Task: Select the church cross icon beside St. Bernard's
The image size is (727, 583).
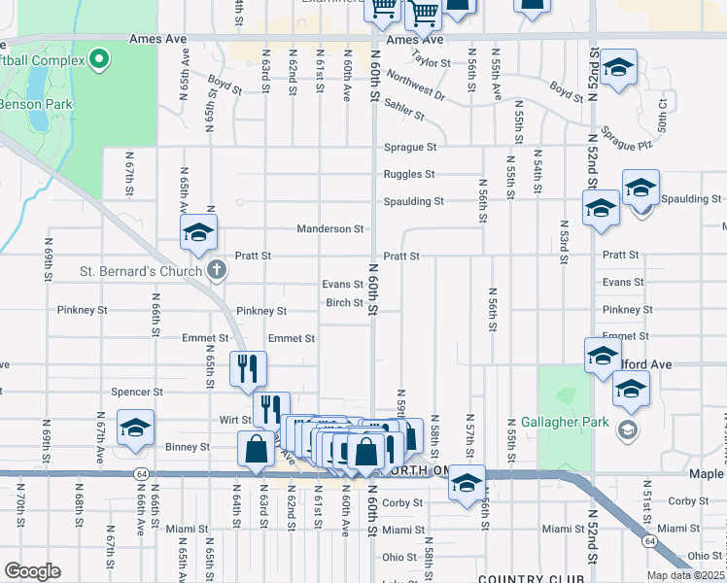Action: pos(216,271)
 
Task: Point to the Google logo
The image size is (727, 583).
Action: pos(32,571)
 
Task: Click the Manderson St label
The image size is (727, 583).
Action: pos(329,229)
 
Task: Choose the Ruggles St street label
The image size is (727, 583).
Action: pos(408,175)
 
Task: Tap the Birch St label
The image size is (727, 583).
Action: pos(344,302)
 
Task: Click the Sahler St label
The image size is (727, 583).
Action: pos(403,109)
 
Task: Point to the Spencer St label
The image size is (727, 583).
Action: pos(136,393)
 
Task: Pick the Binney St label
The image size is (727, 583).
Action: pos(190,447)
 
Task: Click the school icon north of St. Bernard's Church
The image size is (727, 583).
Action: pos(198,231)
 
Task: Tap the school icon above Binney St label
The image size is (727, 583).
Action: pos(135,428)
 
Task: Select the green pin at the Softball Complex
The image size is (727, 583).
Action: pos(99,61)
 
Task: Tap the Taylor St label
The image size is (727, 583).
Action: pos(432,59)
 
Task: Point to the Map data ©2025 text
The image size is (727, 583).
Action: pos(685,575)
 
